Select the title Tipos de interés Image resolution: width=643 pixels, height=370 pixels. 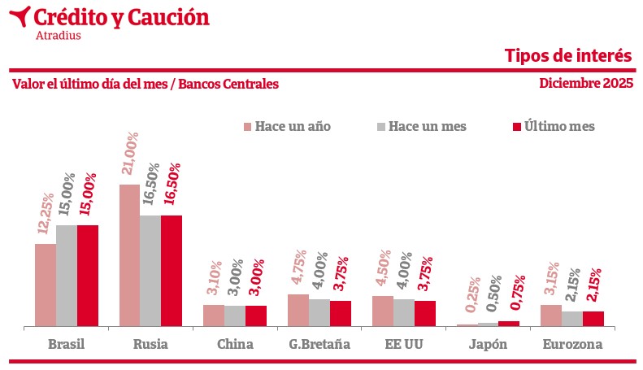point(567,55)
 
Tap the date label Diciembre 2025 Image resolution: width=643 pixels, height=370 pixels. point(585,84)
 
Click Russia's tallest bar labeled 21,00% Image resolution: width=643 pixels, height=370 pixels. point(129,255)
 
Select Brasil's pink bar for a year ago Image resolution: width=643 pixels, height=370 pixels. point(45,285)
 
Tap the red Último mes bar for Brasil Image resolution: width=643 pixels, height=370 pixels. point(87,276)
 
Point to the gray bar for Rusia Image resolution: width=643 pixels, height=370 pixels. point(150,271)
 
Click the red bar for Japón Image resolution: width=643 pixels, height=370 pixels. point(509,324)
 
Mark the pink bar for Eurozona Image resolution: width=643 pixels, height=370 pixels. point(551,316)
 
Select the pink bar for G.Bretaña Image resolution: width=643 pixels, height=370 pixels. point(298,310)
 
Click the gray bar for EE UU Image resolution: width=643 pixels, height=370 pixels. point(404,312)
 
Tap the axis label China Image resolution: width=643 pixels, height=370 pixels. point(235,344)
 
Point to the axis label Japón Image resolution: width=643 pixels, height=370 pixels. point(488,344)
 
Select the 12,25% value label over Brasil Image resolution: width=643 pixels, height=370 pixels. point(46,215)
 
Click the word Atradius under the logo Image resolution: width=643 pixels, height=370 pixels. point(59,35)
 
